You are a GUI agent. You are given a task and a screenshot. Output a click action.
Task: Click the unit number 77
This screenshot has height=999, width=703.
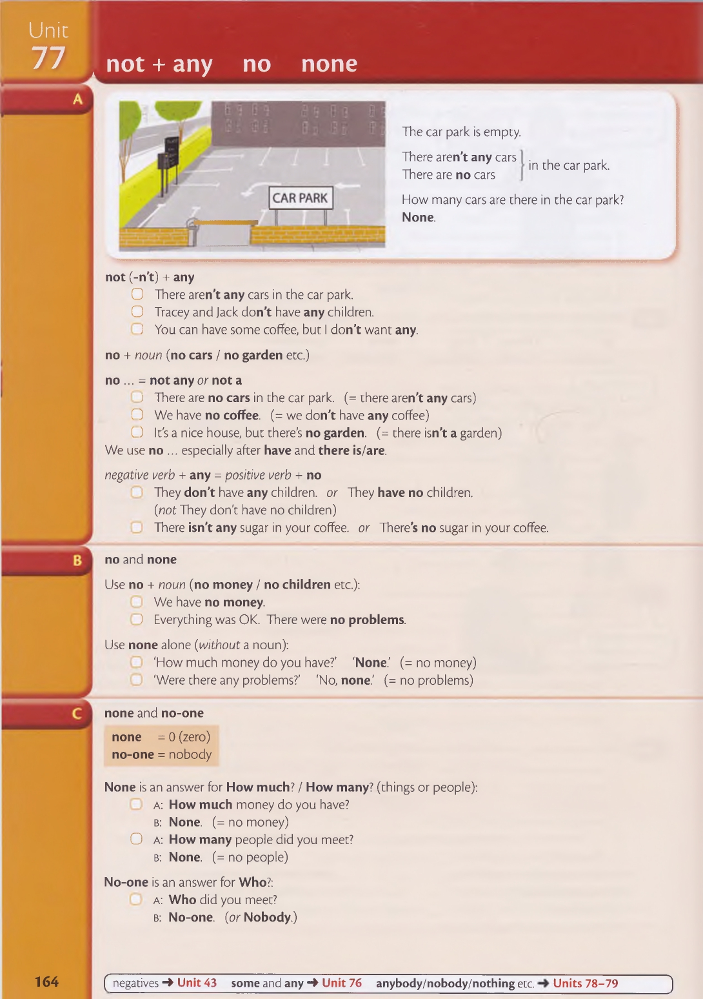click(48, 58)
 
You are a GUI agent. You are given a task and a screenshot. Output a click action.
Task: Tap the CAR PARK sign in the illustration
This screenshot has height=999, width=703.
click(300, 198)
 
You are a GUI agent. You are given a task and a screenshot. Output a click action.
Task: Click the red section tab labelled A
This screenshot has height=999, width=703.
click(77, 99)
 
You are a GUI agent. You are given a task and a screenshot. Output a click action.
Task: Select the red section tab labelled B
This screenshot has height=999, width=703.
click(77, 560)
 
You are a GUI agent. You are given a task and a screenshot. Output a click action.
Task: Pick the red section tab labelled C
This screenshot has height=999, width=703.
click(77, 714)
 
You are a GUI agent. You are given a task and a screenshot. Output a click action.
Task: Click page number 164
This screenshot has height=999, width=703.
click(46, 982)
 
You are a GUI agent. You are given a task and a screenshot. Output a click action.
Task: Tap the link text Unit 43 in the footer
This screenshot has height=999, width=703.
click(197, 983)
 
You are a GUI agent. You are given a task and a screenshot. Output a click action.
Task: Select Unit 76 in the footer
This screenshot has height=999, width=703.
click(342, 983)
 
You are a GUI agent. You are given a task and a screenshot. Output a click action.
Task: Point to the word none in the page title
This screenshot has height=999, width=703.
click(329, 64)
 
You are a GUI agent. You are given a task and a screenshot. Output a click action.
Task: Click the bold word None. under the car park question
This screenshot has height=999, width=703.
click(419, 217)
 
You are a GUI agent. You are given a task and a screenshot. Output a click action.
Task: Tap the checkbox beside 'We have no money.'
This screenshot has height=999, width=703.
click(137, 602)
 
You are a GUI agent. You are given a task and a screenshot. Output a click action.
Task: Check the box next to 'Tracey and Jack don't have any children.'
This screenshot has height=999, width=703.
click(137, 312)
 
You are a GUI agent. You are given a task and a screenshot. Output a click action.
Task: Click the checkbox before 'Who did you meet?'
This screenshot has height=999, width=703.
click(136, 900)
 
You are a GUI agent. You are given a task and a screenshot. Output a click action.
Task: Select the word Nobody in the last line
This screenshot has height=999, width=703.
click(267, 917)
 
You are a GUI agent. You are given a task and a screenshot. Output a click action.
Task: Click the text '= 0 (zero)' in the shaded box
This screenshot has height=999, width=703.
click(184, 737)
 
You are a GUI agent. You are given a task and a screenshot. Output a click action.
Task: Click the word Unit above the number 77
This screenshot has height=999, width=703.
click(48, 30)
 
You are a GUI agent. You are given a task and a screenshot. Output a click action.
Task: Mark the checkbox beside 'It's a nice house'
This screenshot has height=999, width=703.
click(137, 432)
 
